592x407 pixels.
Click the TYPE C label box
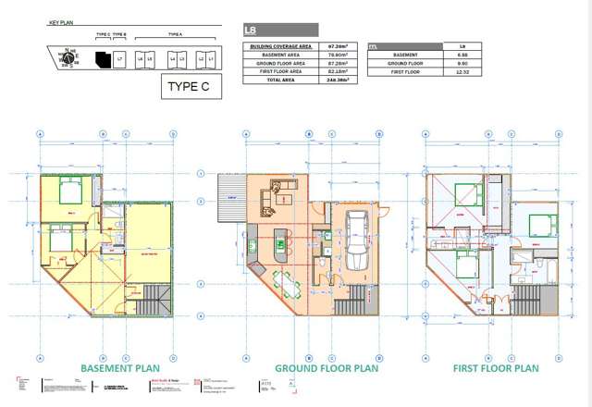pos(190,87)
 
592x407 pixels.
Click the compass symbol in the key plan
pos(68,58)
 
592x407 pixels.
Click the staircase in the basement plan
pos(154,299)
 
